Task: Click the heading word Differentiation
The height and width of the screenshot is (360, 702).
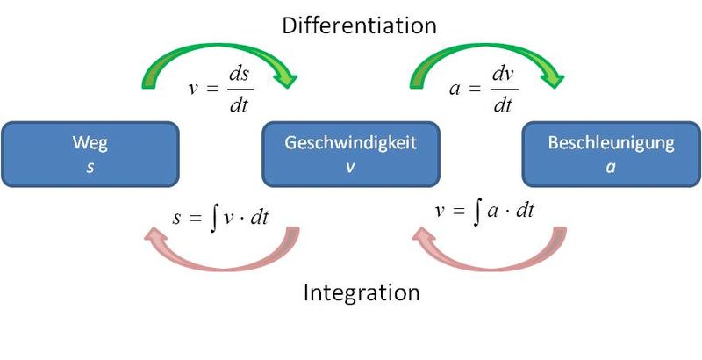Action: click(x=359, y=25)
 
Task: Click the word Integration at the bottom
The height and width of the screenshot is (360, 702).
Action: click(x=362, y=293)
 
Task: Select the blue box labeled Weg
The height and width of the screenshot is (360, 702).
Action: click(x=90, y=154)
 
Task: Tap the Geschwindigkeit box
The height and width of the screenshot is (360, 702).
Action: click(x=351, y=154)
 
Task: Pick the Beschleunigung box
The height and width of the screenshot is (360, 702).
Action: click(x=611, y=154)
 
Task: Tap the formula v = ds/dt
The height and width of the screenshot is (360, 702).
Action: click(x=221, y=90)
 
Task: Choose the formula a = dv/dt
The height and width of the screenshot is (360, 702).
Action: click(x=484, y=90)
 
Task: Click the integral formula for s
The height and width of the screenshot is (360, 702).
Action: click(x=221, y=218)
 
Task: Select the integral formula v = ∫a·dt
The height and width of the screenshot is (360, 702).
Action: click(x=485, y=212)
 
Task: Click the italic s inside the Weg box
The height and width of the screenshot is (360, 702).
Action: click(x=90, y=168)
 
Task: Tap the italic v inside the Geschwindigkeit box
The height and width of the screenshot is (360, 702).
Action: click(x=350, y=168)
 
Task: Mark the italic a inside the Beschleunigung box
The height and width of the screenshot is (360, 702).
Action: click(x=611, y=168)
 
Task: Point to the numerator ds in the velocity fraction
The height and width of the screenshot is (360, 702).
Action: click(x=239, y=76)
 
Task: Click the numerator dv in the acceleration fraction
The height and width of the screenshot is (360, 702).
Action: click(x=502, y=76)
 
